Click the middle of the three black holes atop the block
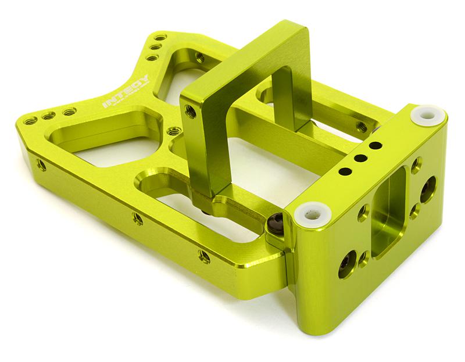pyautogui.click(x=360, y=157)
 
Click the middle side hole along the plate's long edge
pyautogui.click(x=138, y=219)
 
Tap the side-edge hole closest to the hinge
pyautogui.click(x=204, y=256)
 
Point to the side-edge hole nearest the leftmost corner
pyautogui.click(x=41, y=165)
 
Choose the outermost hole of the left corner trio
pyautogui.click(x=30, y=121)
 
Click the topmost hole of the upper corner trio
pyautogui.click(x=160, y=37)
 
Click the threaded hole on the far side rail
pyautogui.click(x=361, y=127)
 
